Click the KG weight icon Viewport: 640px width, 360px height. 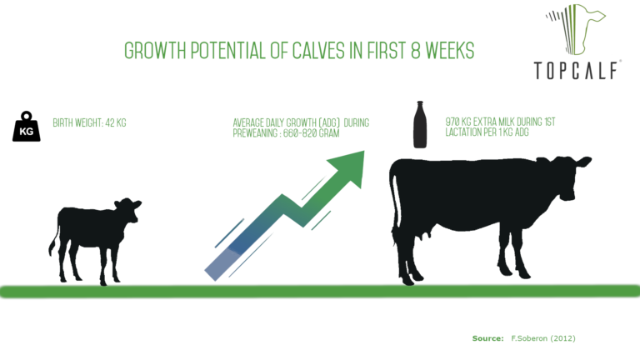(27, 127)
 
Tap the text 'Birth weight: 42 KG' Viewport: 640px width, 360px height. (89, 122)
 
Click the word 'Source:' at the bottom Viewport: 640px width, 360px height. (487, 338)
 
